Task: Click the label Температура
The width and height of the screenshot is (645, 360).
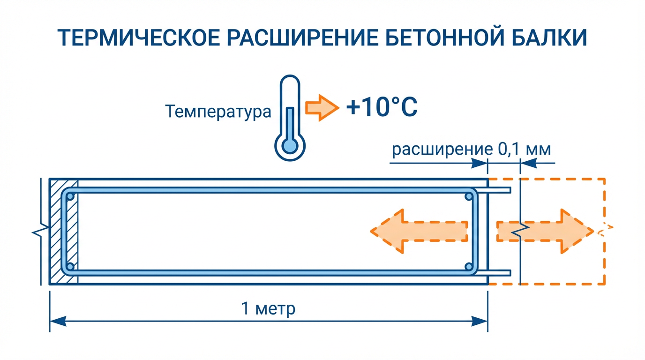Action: click(218, 112)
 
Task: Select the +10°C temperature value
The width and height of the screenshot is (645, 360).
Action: click(382, 108)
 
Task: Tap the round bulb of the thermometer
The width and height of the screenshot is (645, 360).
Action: click(290, 145)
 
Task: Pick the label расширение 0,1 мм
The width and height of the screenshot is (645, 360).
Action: click(471, 150)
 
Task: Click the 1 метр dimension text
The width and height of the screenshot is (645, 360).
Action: click(268, 309)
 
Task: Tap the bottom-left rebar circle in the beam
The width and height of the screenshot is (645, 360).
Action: click(70, 266)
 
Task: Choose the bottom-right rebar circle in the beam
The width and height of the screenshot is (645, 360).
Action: click(468, 266)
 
